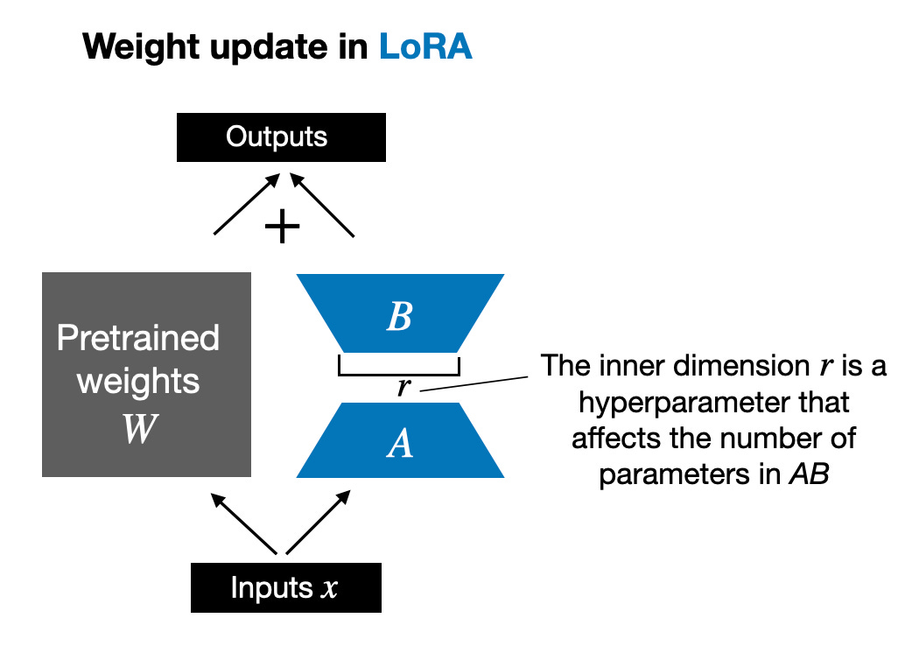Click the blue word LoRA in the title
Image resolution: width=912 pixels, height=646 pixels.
[x=425, y=46]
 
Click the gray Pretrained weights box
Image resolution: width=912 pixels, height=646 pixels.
[x=146, y=375]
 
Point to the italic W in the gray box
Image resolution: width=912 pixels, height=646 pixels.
[x=139, y=430]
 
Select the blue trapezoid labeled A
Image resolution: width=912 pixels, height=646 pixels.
[x=400, y=443]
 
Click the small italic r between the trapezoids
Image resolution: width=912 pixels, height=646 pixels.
[x=403, y=387]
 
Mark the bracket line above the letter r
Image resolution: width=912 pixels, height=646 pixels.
[x=399, y=375]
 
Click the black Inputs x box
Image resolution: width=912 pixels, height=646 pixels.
[x=285, y=587]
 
